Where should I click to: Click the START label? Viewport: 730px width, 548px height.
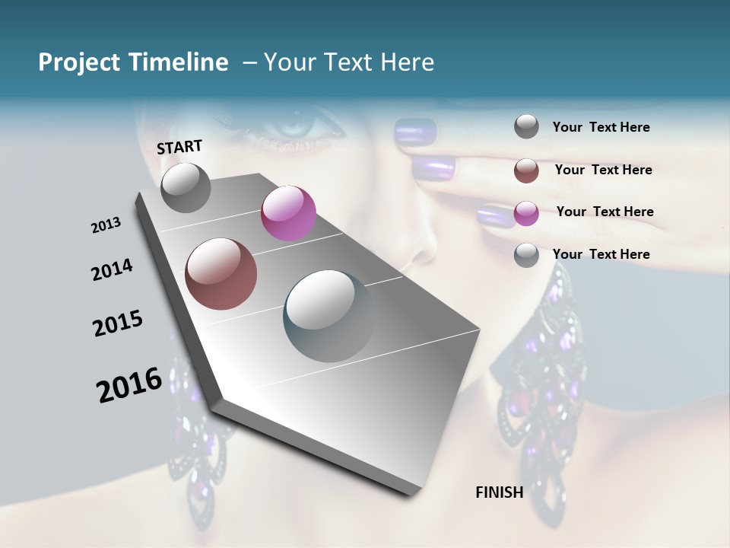click(179, 146)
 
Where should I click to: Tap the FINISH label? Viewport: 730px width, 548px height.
click(499, 492)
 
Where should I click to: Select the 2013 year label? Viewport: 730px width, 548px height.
click(106, 225)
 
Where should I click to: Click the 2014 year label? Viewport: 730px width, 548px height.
click(112, 269)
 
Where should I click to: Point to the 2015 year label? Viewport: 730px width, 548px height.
click(118, 323)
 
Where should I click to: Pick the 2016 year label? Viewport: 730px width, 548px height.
click(129, 385)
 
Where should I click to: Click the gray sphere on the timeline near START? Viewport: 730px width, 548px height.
click(186, 187)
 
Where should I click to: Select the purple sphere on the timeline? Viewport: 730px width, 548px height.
click(288, 212)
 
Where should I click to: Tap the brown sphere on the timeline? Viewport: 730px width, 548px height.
click(221, 274)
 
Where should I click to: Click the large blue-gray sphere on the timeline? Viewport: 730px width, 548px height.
click(329, 315)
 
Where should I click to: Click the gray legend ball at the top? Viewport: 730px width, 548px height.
click(526, 127)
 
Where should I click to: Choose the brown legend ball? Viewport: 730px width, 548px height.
click(526, 170)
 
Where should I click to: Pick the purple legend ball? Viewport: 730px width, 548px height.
click(526, 213)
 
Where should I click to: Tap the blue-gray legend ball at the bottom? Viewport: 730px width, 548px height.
click(526, 255)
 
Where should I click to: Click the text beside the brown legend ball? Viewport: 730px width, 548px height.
click(603, 170)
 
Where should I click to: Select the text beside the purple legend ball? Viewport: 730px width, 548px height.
click(605, 212)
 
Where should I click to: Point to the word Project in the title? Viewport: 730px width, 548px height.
click(79, 62)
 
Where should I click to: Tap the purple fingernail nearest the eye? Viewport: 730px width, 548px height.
click(415, 130)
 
